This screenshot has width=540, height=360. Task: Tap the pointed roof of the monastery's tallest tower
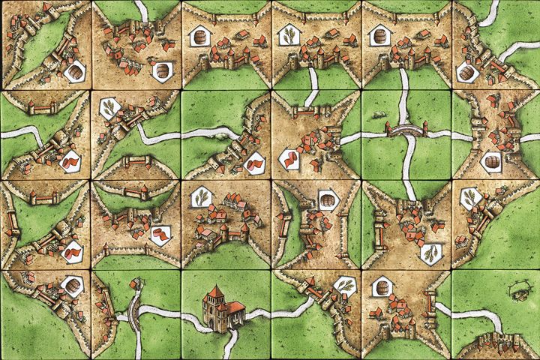point(215,291)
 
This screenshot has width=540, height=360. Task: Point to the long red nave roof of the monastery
point(234,306)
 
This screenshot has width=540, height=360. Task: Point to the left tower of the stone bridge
point(391,130)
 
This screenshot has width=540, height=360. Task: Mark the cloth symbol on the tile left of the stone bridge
point(289,157)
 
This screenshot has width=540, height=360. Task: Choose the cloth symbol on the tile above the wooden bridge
point(160,235)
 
